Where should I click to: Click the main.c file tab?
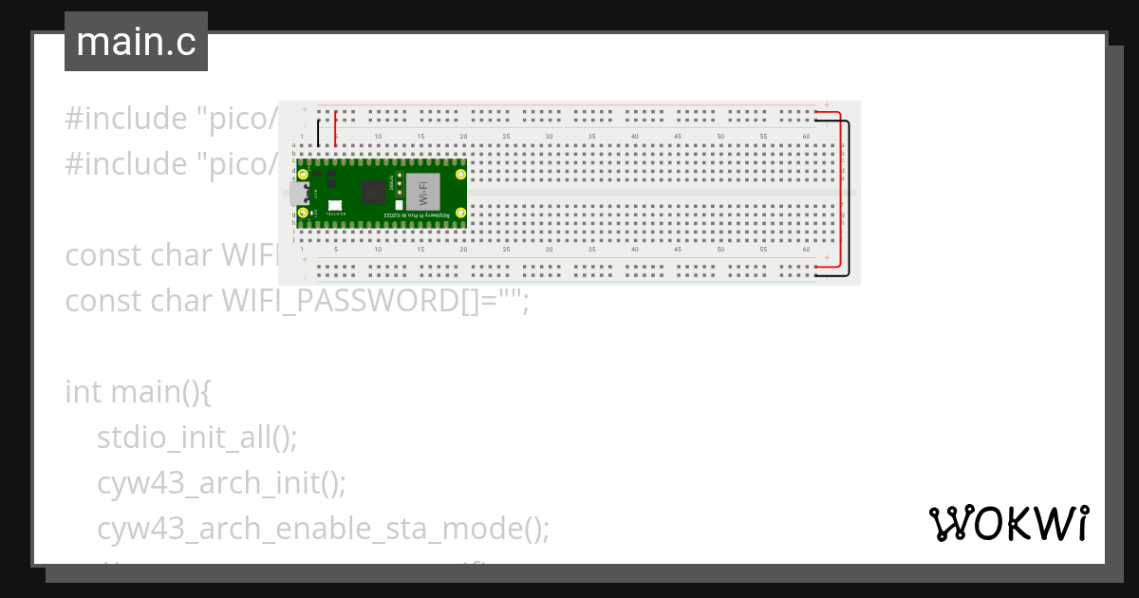click(x=136, y=42)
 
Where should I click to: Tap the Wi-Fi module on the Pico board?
click(x=423, y=194)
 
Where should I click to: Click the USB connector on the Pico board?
click(x=305, y=194)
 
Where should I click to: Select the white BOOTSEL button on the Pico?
click(x=335, y=206)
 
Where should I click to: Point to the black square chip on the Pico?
click(x=374, y=193)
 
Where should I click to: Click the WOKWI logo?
click(x=1008, y=524)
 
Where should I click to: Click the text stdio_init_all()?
click(x=197, y=438)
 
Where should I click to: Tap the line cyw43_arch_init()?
click(x=221, y=483)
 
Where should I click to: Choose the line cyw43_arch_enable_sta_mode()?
click(x=323, y=528)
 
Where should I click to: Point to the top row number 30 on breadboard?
click(x=549, y=138)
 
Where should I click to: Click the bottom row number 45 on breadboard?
click(x=678, y=250)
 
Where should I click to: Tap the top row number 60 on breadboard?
click(x=806, y=138)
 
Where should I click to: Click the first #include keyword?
click(x=126, y=119)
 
